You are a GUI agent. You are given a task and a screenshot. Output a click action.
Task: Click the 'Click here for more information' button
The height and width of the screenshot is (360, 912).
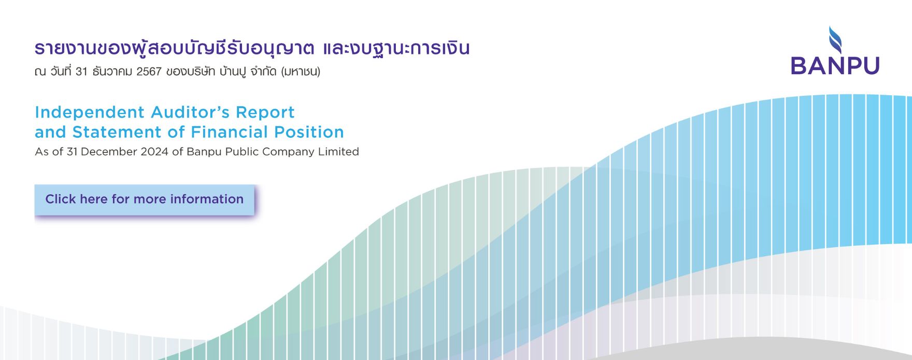click(x=145, y=199)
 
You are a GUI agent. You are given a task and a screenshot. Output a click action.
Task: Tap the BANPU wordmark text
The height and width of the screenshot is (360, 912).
click(x=835, y=66)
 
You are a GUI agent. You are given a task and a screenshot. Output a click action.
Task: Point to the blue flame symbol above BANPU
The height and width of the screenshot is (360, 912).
click(x=835, y=39)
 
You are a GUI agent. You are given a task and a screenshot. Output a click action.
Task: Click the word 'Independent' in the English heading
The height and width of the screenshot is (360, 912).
click(x=90, y=112)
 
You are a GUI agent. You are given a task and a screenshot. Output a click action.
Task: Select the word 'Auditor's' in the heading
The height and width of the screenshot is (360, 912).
click(x=190, y=112)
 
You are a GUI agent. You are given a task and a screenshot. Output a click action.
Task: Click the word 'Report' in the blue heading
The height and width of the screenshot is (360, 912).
click(x=265, y=112)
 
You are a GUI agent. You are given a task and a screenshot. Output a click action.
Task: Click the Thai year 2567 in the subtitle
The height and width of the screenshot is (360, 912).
click(x=149, y=71)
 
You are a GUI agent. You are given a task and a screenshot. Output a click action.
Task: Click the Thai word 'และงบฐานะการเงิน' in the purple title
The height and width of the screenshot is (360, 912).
click(x=396, y=49)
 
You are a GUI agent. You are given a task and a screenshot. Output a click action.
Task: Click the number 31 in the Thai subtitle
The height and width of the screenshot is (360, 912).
click(x=81, y=71)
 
